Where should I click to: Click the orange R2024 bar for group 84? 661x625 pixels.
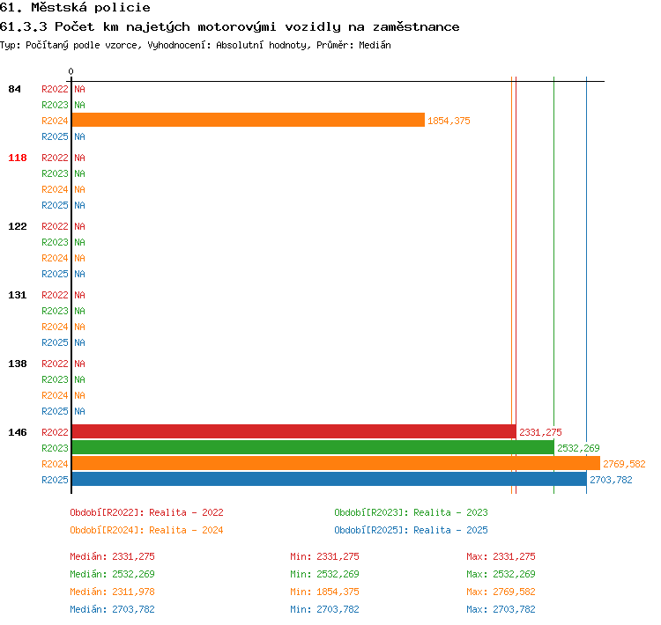tap(249, 120)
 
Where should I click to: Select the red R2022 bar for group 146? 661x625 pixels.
tap(293, 431)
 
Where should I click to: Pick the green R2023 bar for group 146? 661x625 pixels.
tap(313, 447)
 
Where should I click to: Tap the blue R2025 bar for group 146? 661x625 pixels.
tap(330, 479)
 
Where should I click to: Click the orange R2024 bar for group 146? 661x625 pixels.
tap(336, 463)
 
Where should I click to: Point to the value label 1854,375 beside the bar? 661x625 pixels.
tap(449, 121)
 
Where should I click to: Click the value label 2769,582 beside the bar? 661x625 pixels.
tap(624, 464)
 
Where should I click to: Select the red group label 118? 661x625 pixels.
tap(18, 158)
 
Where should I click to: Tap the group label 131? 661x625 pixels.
tap(18, 295)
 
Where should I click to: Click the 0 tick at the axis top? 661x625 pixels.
tap(71, 71)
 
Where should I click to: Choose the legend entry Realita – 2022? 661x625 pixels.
tap(186, 512)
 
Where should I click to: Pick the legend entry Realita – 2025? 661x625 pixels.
tap(450, 530)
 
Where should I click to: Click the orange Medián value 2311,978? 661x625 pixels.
tap(133, 592)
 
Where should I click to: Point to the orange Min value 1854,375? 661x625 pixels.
tap(338, 592)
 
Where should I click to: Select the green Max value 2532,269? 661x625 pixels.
tap(514, 574)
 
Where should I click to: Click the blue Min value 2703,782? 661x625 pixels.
tap(338, 609)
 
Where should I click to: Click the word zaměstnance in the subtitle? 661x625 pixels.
tap(416, 27)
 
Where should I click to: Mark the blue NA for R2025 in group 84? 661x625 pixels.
tap(79, 136)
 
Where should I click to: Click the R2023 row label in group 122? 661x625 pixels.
tap(55, 243)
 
